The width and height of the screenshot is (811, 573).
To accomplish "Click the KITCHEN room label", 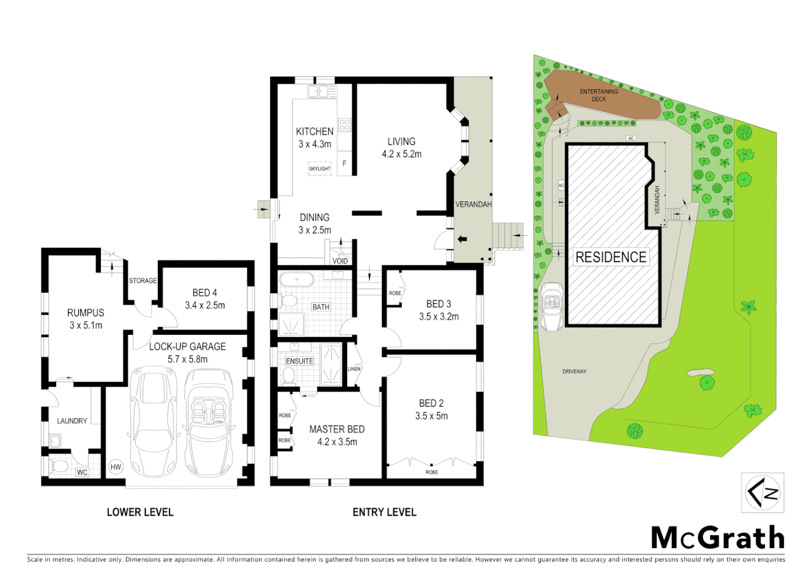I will pos(314,132).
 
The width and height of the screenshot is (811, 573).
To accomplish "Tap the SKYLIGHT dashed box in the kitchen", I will pos(320,169).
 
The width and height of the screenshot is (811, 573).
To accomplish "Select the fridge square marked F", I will pos(344,163).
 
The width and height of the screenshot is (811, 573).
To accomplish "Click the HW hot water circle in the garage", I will pos(115,467).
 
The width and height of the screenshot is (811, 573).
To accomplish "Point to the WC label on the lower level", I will pos(82,472).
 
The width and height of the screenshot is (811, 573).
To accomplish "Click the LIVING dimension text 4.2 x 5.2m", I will pos(401,154).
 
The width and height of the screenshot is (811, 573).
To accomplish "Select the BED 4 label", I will pos(204,293).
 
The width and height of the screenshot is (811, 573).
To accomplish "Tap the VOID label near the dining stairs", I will pos(340,261).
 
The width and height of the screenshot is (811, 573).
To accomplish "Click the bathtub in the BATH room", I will pos(297,280).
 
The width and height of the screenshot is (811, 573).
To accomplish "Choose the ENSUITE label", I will pos(299,361).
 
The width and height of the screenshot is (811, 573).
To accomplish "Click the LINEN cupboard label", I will pos(354,369).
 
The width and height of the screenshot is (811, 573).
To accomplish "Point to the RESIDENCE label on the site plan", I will pos(611,257).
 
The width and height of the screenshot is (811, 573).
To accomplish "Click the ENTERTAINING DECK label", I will pos(599,95).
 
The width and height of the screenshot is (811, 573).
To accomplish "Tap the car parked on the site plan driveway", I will pos(552,307).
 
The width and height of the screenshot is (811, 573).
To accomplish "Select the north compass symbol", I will pos(762,493).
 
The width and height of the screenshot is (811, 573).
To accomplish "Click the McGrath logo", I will pos(718,538).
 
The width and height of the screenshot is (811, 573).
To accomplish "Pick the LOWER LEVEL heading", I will pos(140,512).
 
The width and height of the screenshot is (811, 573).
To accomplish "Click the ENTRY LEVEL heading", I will pos(384,512).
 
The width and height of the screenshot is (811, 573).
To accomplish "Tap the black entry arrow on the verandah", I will pos(462,239).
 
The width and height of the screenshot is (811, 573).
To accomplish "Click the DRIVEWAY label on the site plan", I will pos(574,371).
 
